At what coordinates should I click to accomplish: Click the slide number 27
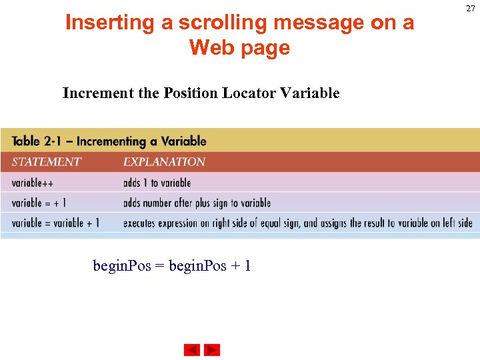(x=471, y=9)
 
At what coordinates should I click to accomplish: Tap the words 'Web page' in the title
(x=239, y=48)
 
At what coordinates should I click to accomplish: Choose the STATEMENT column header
(x=46, y=162)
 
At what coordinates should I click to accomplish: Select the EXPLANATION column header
(x=164, y=162)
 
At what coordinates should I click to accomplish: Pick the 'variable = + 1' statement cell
(x=39, y=203)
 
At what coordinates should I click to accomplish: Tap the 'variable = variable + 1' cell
(x=55, y=223)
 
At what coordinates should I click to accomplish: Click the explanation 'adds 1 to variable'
(x=157, y=183)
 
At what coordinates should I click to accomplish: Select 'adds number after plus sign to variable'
(x=197, y=203)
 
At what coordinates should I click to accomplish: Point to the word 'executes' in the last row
(x=141, y=223)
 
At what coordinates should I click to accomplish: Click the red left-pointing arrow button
(x=192, y=350)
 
